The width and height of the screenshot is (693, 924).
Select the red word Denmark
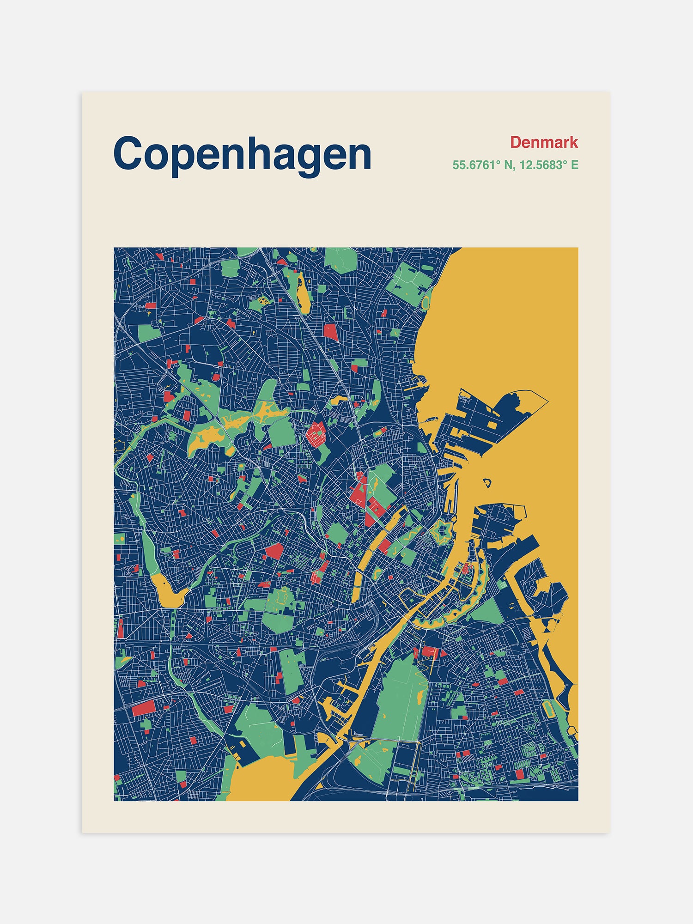tap(544, 142)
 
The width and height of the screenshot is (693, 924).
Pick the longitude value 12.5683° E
tap(549, 165)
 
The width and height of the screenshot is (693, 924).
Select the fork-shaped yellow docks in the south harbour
tap(333, 707)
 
